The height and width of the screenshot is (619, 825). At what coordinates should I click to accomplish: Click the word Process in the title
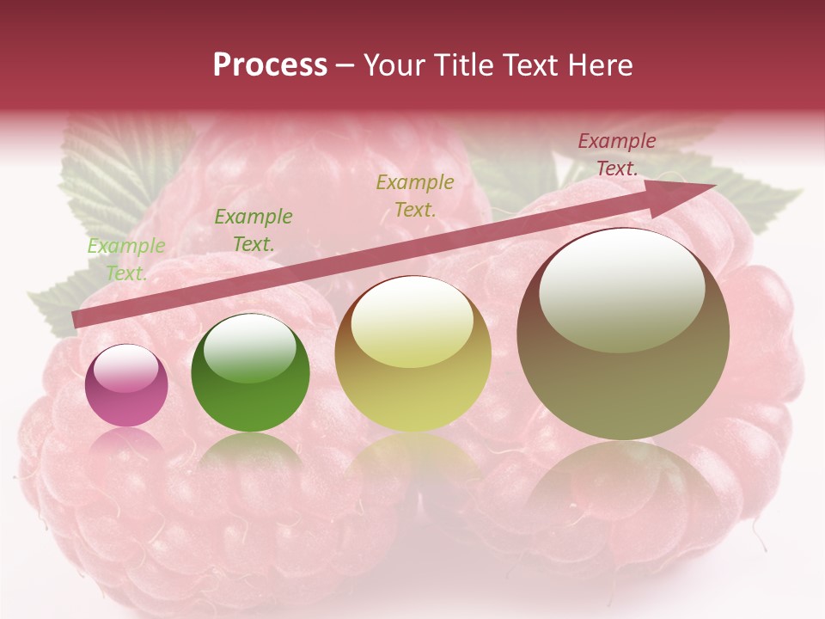coord(270,65)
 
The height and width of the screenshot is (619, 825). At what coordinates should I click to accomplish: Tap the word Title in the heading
coord(465,65)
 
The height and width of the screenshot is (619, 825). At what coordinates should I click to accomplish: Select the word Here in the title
coord(601,65)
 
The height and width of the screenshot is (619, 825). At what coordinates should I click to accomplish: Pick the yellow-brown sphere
coord(413,353)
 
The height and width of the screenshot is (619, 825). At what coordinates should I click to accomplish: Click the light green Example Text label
coord(126,260)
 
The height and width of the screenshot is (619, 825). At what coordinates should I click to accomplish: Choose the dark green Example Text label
coord(254,230)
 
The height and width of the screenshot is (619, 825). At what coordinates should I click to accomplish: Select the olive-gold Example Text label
coord(415,195)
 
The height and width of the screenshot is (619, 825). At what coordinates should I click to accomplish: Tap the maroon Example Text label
coord(617,155)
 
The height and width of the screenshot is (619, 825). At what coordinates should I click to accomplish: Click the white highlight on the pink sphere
coord(125,369)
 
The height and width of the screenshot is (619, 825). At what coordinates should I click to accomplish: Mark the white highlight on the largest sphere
coord(621,288)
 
